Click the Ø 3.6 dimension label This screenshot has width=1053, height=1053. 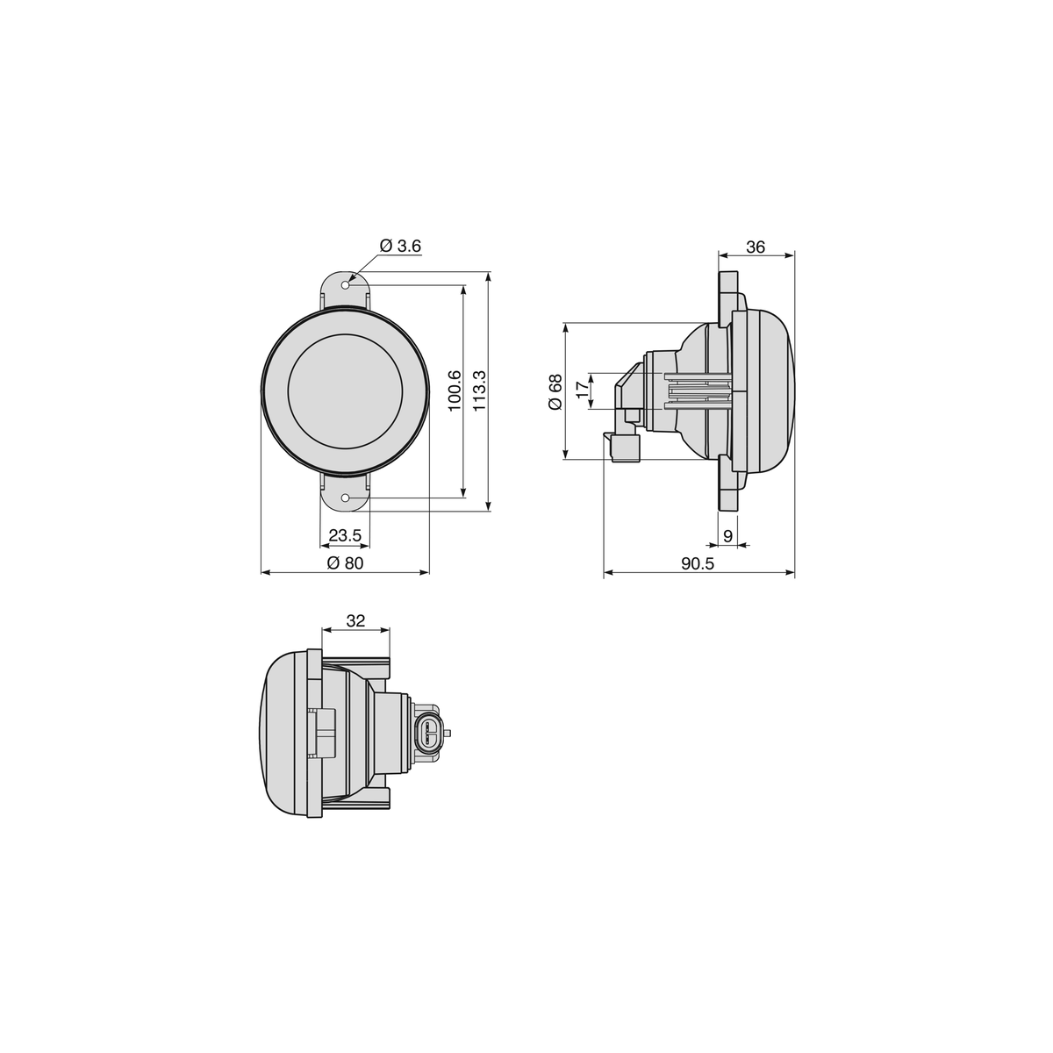(x=400, y=246)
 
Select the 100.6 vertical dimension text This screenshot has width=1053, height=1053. (x=455, y=390)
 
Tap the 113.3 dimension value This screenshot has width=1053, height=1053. (x=479, y=390)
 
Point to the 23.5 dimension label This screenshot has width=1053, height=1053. (x=345, y=535)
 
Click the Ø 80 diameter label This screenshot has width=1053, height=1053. (x=345, y=562)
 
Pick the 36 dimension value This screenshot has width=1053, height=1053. (x=756, y=247)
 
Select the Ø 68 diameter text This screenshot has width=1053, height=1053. (x=555, y=391)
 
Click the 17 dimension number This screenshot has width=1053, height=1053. (x=583, y=390)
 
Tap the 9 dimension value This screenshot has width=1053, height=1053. (x=727, y=536)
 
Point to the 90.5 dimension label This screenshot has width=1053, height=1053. (x=698, y=563)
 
